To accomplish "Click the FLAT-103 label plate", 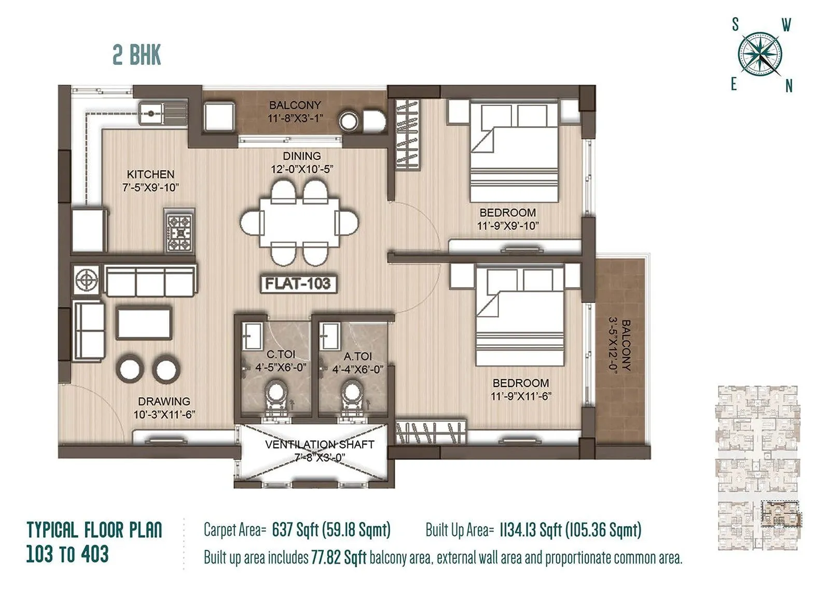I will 298,284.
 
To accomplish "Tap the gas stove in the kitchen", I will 179,231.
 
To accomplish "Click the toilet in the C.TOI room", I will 275,398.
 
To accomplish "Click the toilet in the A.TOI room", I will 353,398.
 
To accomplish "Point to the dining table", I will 299,222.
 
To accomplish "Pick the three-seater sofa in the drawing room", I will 150,281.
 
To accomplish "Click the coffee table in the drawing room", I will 144,323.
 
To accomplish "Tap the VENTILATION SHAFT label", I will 320,445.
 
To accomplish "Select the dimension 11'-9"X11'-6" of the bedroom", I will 521,396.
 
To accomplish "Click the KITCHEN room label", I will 150,174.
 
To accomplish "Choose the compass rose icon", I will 759,55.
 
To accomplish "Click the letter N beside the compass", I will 789,86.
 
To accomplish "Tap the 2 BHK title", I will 137,55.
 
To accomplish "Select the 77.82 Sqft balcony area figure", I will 338,558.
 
